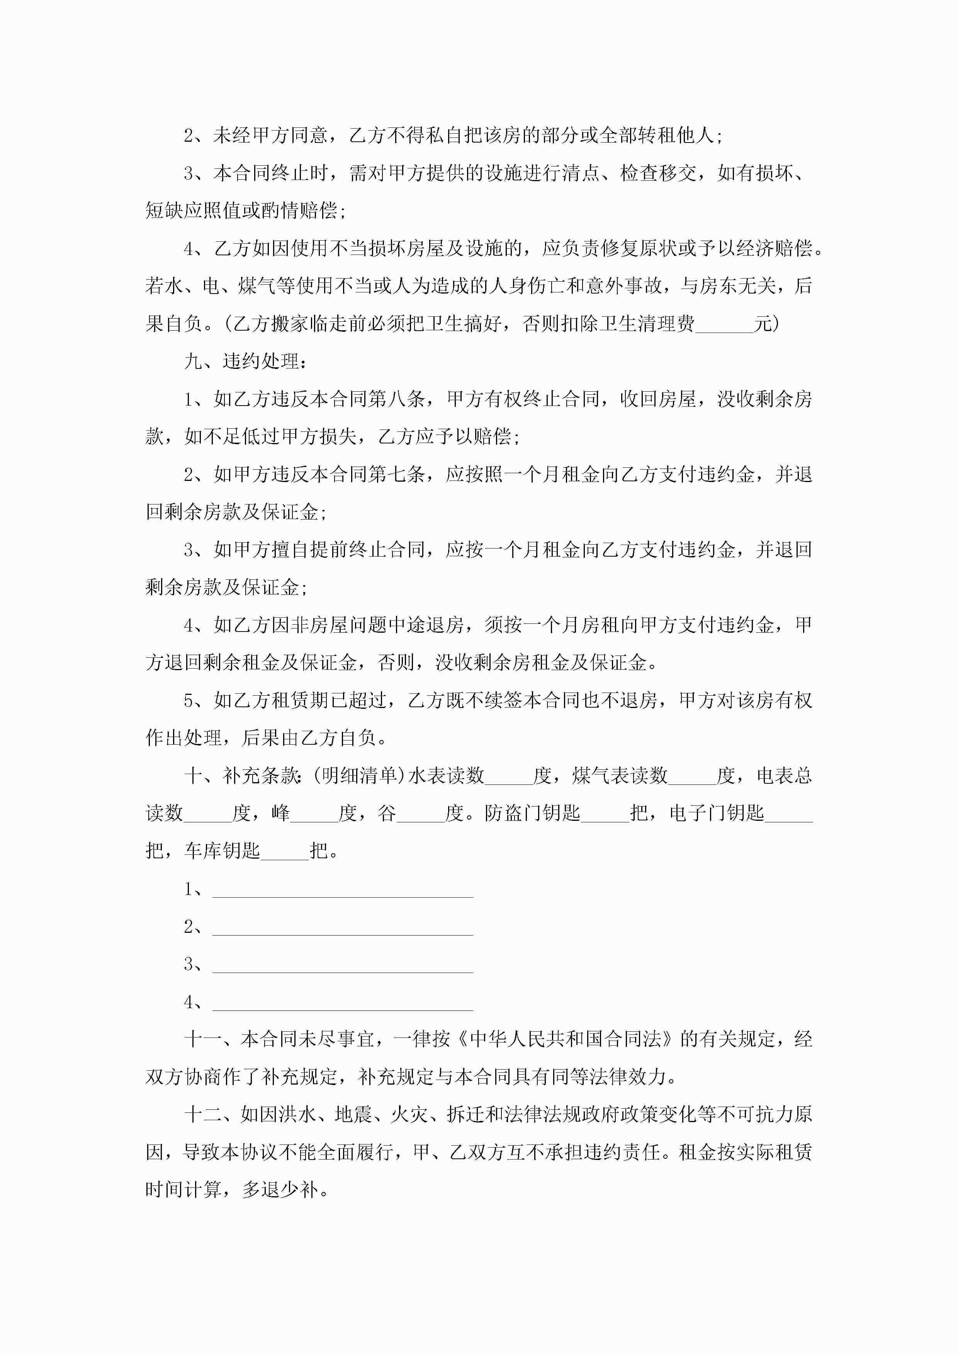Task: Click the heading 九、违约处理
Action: coord(245,361)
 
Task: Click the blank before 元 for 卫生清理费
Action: coord(724,323)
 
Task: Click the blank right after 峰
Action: coord(314,813)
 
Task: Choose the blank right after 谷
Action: coord(420,813)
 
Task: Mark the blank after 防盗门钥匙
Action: coord(605,813)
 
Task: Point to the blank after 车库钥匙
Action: coord(285,851)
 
